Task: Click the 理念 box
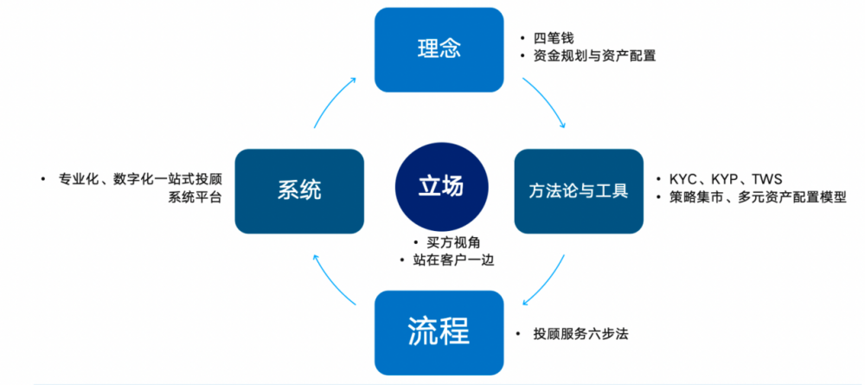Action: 438,50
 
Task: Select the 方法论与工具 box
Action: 578,190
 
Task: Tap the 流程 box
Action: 438,331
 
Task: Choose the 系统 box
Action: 299,190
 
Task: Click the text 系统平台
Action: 195,197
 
